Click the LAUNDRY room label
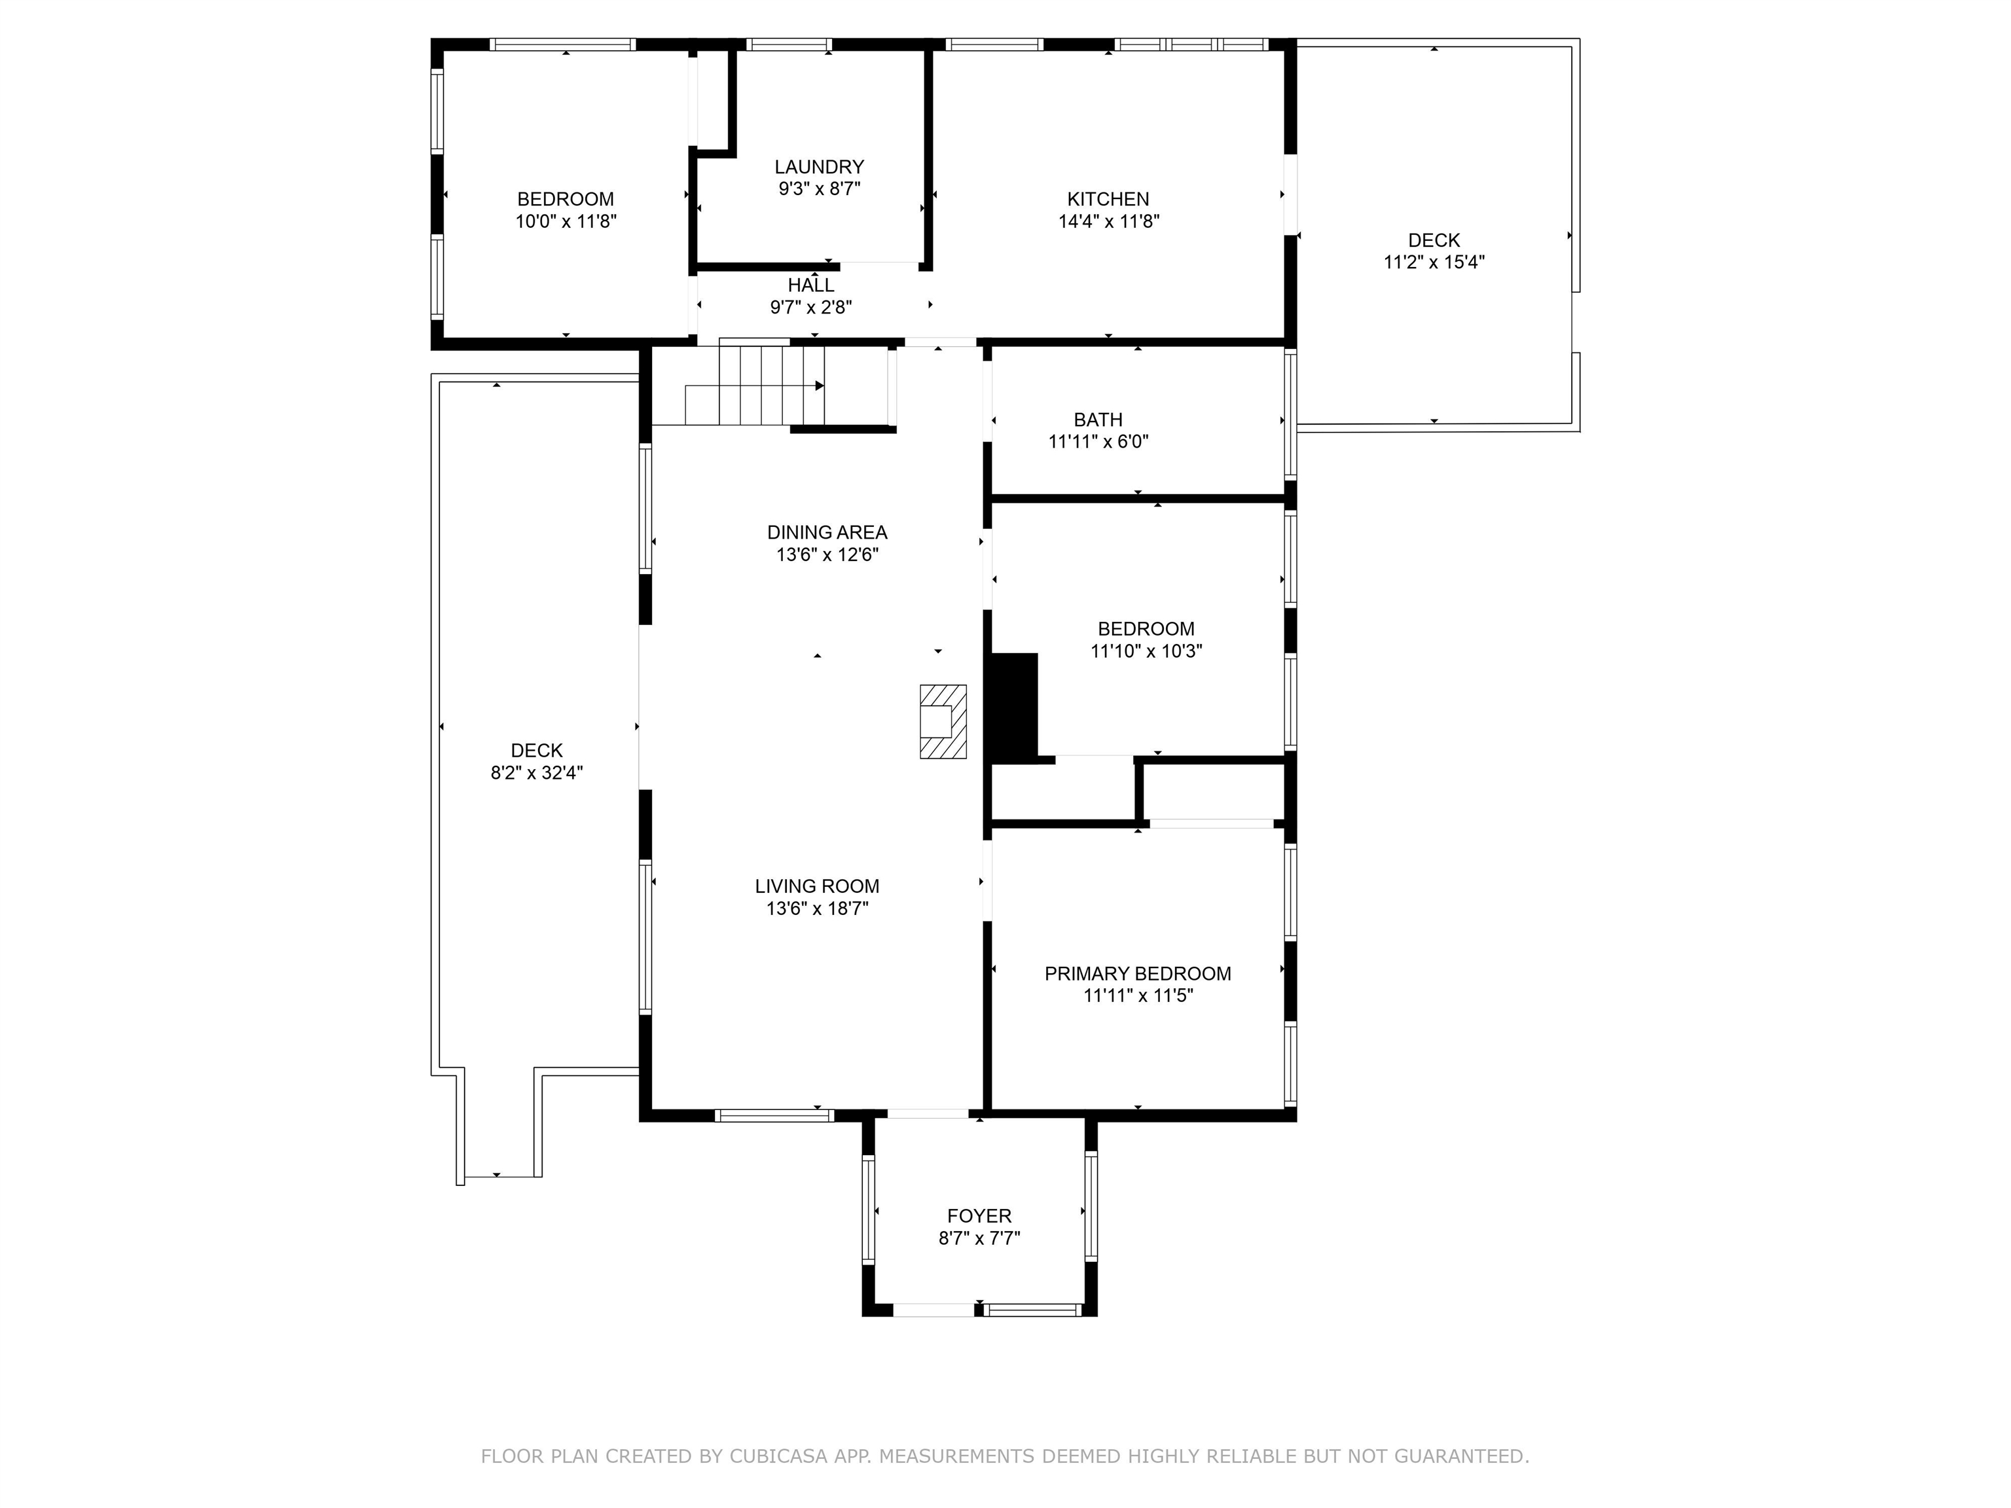tap(819, 168)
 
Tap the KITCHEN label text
tap(1108, 199)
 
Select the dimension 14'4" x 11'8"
tap(1108, 221)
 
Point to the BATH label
tap(1098, 420)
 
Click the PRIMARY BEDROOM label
tap(1137, 973)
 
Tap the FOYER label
tap(979, 1216)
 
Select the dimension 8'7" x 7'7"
tap(979, 1238)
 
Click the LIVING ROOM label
tap(818, 886)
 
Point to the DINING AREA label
tap(827, 533)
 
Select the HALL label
tap(811, 285)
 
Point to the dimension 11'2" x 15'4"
tap(1434, 262)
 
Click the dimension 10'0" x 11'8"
tap(566, 221)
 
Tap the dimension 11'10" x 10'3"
tap(1146, 651)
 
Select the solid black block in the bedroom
tap(1013, 709)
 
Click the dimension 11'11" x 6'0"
tap(1098, 442)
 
